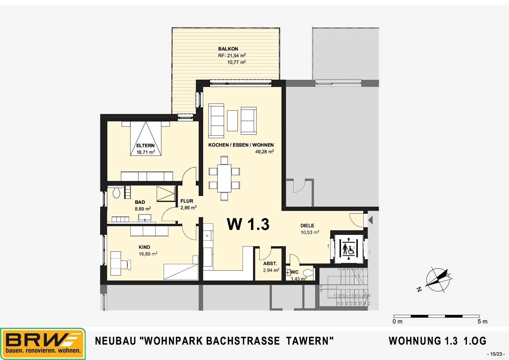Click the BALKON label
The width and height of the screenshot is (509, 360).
(x=228, y=49)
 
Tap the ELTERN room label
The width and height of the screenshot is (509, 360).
(x=145, y=145)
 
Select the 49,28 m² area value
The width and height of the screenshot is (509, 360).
(x=264, y=152)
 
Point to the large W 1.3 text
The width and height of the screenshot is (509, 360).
(x=248, y=224)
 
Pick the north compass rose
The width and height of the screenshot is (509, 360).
(x=438, y=279)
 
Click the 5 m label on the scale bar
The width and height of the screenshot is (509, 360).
(x=482, y=321)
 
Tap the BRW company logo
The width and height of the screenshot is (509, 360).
(x=43, y=344)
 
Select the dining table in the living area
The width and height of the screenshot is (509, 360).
(x=224, y=178)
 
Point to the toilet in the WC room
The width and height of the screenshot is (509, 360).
(x=308, y=273)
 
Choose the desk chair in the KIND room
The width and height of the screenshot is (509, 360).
(x=127, y=264)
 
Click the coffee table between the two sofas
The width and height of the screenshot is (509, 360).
(x=232, y=120)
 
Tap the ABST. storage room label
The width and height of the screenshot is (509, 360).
(x=270, y=264)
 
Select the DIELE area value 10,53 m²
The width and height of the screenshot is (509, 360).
(x=310, y=232)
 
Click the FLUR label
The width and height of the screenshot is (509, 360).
(x=187, y=201)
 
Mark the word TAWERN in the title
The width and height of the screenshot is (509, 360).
(x=310, y=341)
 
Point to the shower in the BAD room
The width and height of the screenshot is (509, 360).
(x=166, y=194)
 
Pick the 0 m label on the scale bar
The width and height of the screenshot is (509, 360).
(x=397, y=321)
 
